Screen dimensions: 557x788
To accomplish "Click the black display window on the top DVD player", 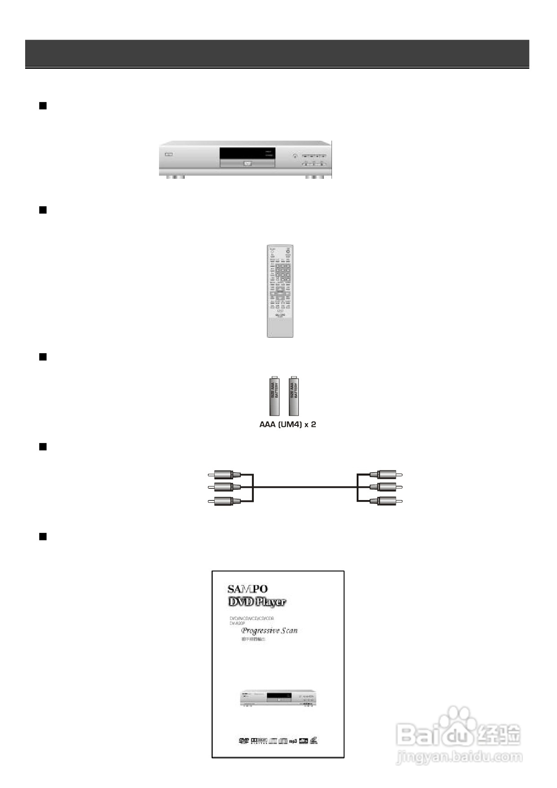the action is [x=247, y=153].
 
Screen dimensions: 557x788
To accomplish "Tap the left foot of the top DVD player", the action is [x=175, y=177].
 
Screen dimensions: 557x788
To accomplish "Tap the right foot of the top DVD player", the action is [x=314, y=177].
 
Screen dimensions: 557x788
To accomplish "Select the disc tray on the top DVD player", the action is [x=247, y=164].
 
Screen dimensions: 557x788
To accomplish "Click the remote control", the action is [x=280, y=291].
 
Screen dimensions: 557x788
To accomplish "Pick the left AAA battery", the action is [x=274, y=395].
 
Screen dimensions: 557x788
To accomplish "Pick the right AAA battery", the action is [x=294, y=395].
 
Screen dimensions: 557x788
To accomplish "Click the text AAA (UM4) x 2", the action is [x=287, y=425].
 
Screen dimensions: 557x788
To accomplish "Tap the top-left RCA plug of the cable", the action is [x=223, y=474].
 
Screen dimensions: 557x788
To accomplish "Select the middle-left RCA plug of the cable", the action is [x=223, y=487].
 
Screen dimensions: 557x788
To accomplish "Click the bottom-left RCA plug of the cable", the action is [x=223, y=501].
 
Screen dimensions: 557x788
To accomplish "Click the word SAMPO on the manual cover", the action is [x=247, y=589].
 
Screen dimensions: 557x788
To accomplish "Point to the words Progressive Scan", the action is [x=270, y=630].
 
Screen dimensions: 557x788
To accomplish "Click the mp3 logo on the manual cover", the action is [x=293, y=741].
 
